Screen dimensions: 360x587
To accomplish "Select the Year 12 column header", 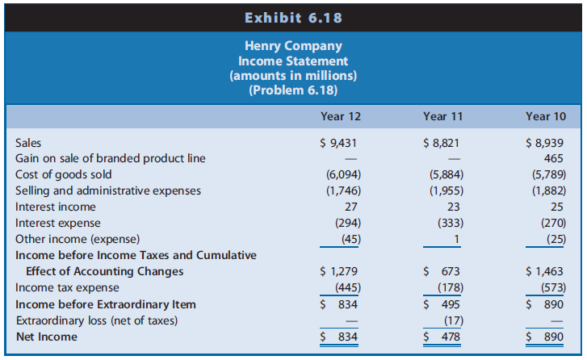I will click(340, 116).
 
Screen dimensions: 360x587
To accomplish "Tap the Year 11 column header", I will click(442, 116).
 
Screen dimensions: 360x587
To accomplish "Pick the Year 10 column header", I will click(545, 116).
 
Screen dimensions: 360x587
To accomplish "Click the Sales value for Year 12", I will click(339, 143).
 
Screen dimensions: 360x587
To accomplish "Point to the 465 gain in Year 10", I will click(555, 158).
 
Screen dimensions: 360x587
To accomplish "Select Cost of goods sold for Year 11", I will click(446, 174).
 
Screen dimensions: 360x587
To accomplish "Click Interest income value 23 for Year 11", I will click(452, 207).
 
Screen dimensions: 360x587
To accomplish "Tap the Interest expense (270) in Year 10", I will click(551, 223).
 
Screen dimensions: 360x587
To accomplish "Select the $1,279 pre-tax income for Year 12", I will click(339, 272).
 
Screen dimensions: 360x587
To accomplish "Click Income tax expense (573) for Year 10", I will click(551, 288).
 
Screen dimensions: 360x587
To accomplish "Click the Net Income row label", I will click(47, 337).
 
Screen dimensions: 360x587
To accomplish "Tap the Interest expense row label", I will click(58, 223).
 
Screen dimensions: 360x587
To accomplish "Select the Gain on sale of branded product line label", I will click(110, 158).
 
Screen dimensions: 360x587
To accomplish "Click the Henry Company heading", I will click(293, 47).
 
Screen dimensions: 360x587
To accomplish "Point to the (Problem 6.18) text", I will click(293, 90).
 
